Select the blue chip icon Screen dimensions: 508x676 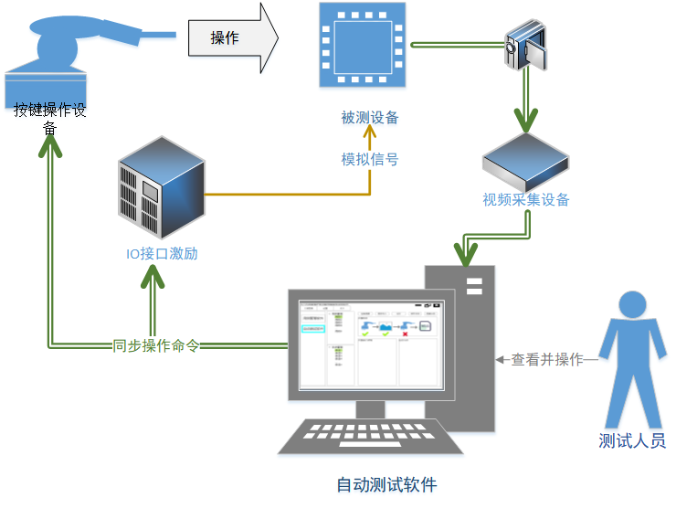362,45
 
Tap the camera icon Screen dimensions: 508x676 528,48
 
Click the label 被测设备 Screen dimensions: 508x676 370,118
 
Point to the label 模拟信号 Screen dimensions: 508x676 370,159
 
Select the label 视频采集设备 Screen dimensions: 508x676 526,199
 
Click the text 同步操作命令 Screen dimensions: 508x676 156,346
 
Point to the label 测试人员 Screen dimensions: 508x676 632,440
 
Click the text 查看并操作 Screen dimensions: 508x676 547,360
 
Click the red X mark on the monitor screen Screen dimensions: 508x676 405,334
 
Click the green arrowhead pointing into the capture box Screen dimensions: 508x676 526,120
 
